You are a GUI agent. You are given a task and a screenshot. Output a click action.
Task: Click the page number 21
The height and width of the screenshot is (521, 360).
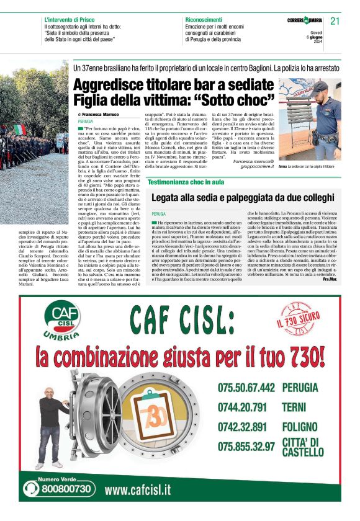point(335,20)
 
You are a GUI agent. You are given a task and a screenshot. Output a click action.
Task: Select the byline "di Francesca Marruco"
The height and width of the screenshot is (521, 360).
point(98,115)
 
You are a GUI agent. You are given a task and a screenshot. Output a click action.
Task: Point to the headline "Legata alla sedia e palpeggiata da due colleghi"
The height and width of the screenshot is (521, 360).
point(243,197)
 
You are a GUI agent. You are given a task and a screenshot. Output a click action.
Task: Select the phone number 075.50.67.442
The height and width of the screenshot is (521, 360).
point(246,388)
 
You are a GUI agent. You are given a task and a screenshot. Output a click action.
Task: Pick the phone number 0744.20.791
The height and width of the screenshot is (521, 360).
point(241,407)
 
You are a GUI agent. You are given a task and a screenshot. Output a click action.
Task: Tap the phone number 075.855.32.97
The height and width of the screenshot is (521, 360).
point(246,446)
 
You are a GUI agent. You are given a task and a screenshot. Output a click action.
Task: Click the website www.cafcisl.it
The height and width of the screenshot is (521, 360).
point(137,489)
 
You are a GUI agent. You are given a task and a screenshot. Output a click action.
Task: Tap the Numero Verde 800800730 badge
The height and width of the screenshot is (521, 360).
point(60,487)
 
